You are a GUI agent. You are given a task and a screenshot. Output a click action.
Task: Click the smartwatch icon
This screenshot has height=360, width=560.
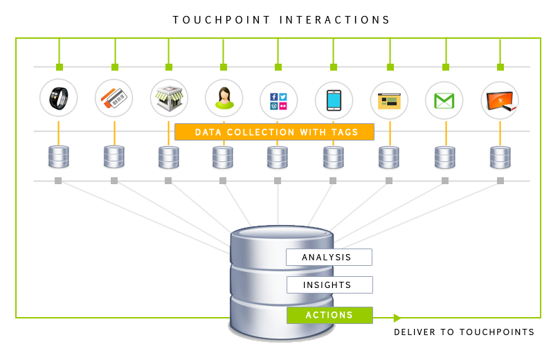(x=59, y=99)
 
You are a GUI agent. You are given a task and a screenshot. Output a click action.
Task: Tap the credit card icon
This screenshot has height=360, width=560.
(x=114, y=99)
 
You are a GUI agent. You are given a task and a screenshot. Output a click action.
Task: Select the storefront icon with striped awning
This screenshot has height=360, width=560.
(x=169, y=99)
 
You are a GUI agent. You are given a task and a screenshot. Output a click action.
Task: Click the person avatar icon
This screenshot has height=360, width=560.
(x=224, y=99)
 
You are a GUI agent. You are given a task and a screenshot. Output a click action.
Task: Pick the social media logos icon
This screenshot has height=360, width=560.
(x=278, y=99)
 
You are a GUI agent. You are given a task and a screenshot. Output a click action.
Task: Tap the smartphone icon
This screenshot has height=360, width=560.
(x=334, y=99)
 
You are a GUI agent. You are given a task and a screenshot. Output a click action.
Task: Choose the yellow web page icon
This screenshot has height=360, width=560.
(x=389, y=99)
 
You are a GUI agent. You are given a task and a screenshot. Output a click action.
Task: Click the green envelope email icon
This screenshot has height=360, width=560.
(x=444, y=99)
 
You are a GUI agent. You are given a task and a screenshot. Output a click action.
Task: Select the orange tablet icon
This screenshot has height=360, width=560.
(x=500, y=99)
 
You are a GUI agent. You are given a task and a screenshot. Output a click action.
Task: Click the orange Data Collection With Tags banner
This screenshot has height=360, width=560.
(x=274, y=132)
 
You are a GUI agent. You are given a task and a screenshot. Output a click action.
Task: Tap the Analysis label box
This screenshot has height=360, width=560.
(x=329, y=258)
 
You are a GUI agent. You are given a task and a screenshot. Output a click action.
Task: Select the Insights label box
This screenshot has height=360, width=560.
(x=329, y=285)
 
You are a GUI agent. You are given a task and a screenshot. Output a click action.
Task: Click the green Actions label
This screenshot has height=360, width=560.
(x=329, y=316)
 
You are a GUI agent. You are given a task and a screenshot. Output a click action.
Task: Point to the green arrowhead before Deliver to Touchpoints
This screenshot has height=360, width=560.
(x=397, y=318)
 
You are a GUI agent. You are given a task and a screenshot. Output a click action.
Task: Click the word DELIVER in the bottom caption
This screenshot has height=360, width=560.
(x=415, y=332)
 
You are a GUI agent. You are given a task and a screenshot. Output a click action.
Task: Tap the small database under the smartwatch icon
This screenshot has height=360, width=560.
(x=58, y=157)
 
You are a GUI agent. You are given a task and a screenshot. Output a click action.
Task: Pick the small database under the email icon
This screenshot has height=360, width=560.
(x=444, y=157)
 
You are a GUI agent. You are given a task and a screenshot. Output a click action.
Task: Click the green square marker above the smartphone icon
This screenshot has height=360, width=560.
(x=334, y=67)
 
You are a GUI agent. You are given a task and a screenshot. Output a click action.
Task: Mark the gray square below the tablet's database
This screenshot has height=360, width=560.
(x=500, y=181)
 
